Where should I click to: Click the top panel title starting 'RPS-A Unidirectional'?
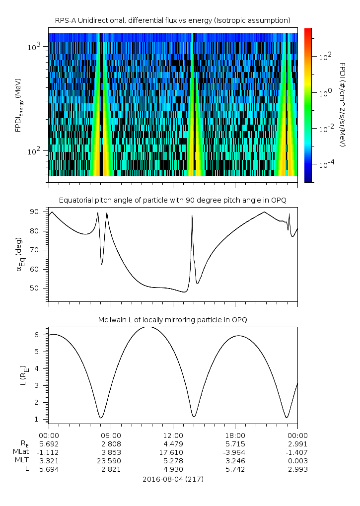[x=173, y=20]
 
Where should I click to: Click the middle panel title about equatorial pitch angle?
[x=173, y=200]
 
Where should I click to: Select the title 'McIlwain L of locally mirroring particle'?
[x=173, y=319]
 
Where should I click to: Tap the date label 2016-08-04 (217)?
[x=173, y=479]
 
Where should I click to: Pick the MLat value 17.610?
[x=173, y=452]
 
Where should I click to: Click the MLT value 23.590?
[x=111, y=461]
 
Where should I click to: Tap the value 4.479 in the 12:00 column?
[x=173, y=444]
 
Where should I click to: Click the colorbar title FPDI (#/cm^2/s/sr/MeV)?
[x=342, y=105]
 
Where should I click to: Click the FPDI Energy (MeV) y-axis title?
[x=18, y=105]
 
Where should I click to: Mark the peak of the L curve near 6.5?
[x=151, y=327]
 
